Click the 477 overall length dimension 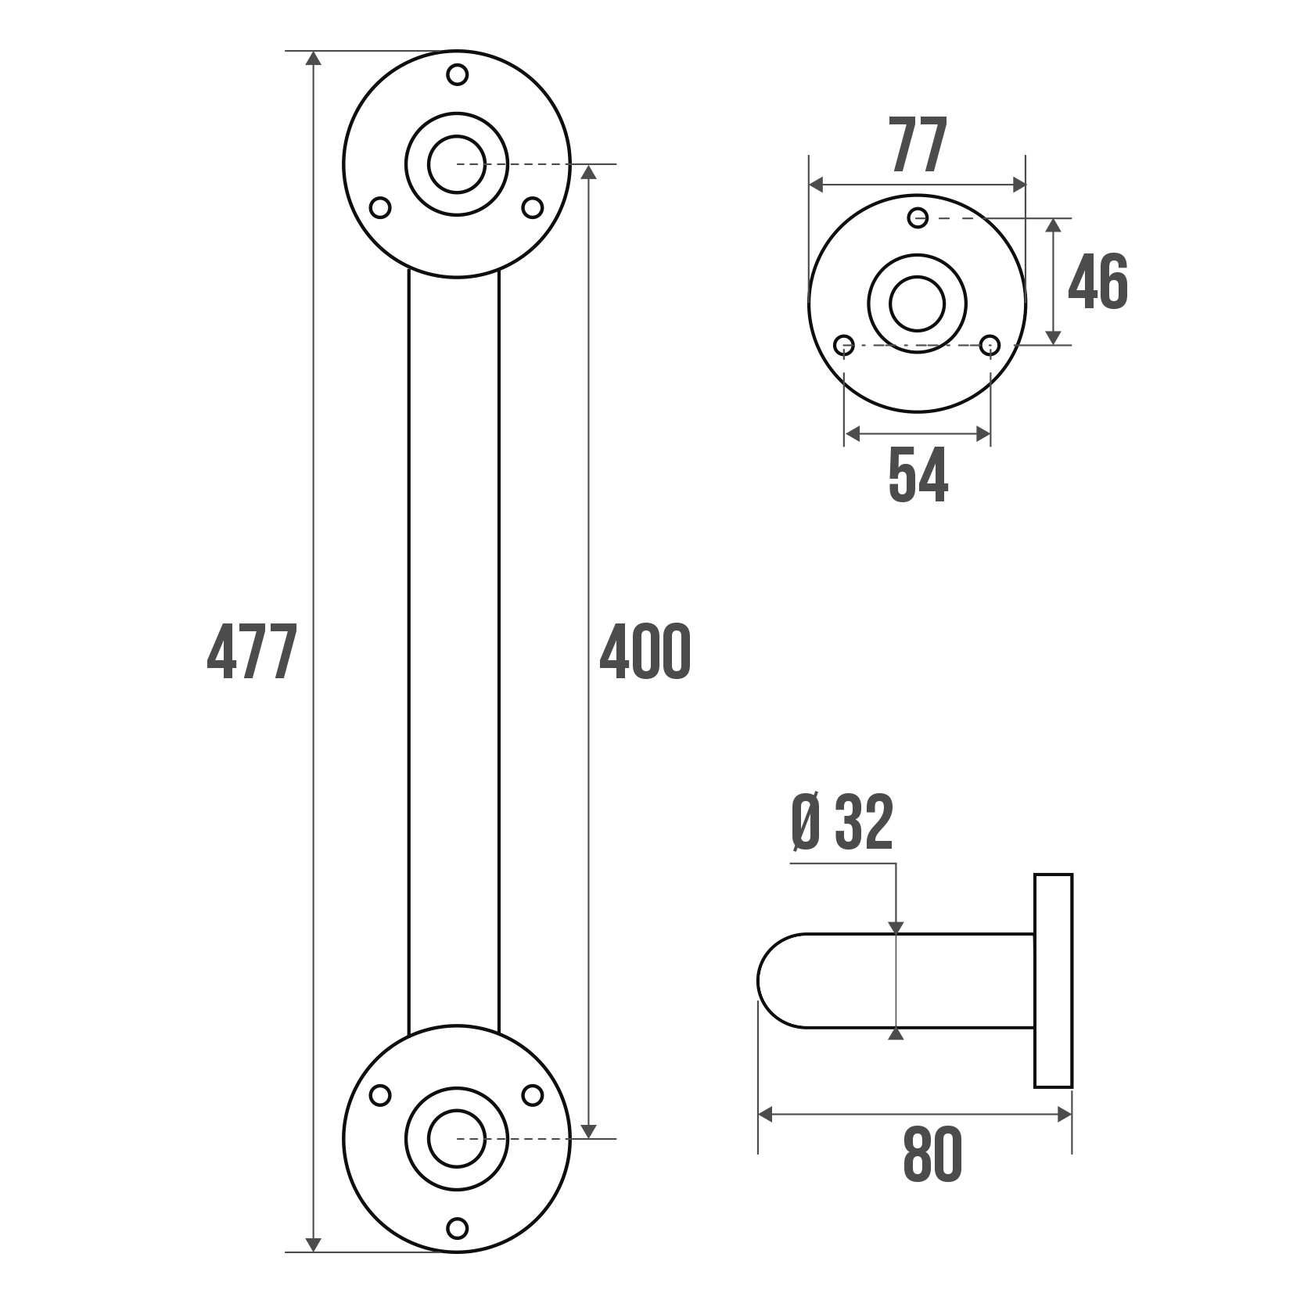click(x=252, y=652)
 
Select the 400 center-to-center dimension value click(x=645, y=651)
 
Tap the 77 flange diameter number click(x=919, y=145)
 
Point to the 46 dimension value click(x=1098, y=281)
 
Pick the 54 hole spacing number click(x=918, y=475)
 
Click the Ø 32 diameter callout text click(x=842, y=823)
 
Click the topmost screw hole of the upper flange click(x=458, y=75)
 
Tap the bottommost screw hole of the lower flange click(x=458, y=1228)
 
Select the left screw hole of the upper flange click(x=380, y=208)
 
